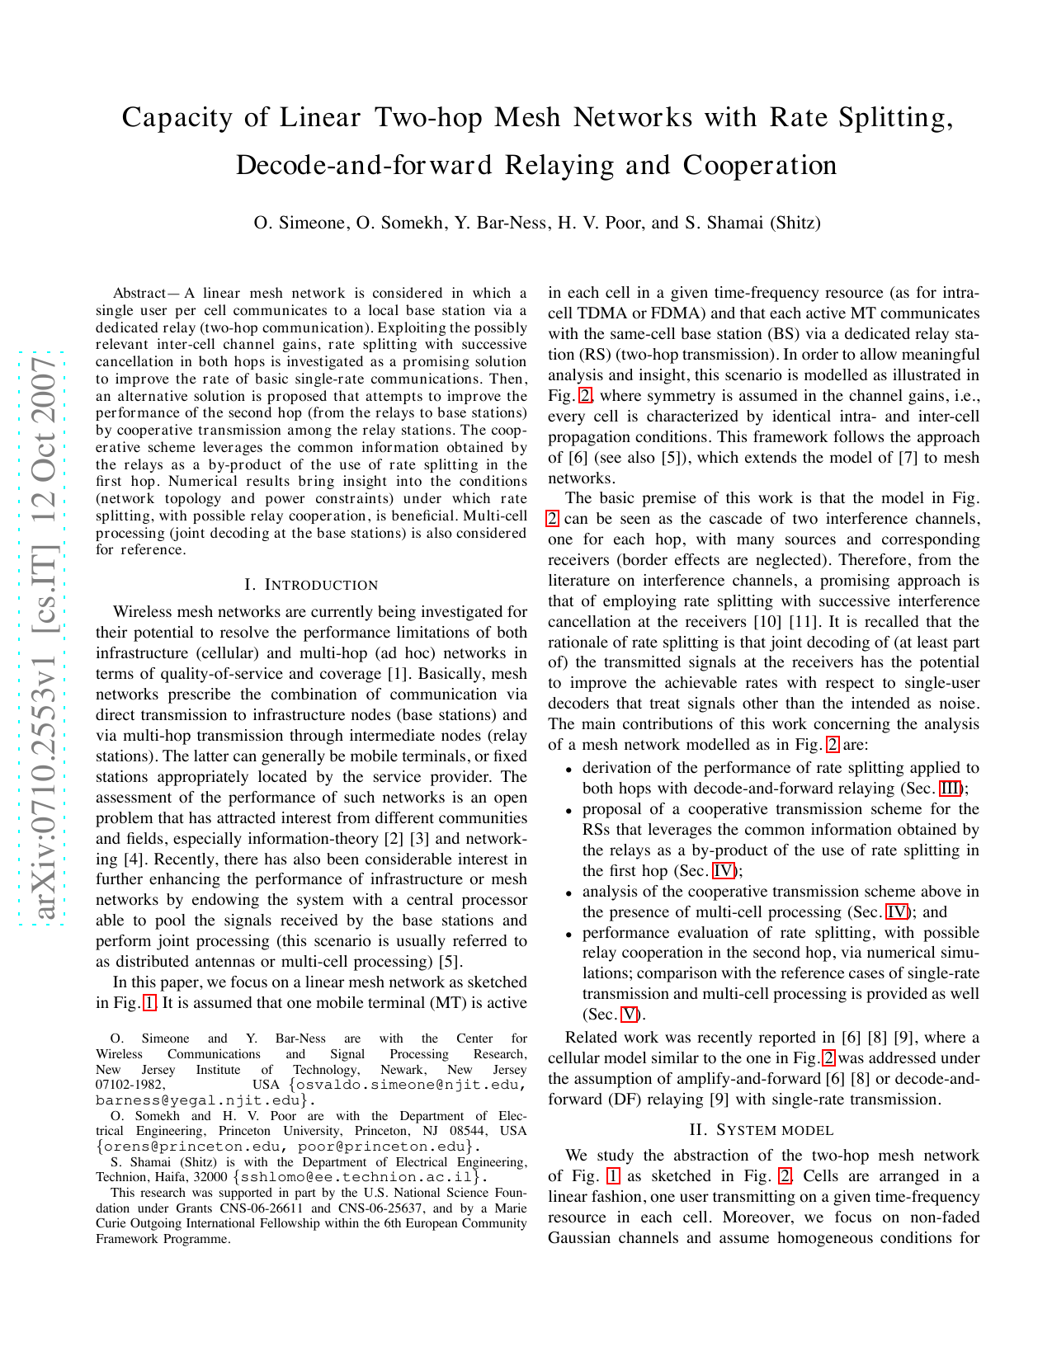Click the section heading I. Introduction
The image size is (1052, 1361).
pyautogui.click(x=311, y=585)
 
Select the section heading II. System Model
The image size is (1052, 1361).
pyautogui.click(x=763, y=1130)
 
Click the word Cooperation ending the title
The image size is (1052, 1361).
pyautogui.click(x=760, y=166)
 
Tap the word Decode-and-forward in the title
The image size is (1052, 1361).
pyautogui.click(x=363, y=166)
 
